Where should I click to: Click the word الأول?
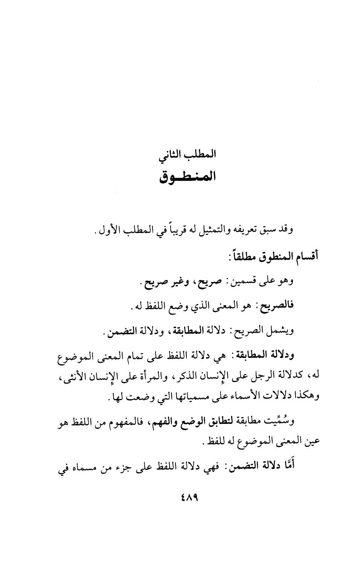click(104, 229)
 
